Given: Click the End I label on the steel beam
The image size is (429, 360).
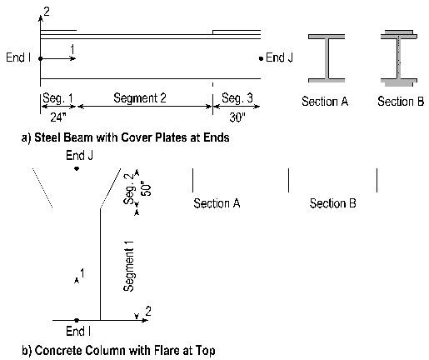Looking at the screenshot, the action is [x=18, y=57].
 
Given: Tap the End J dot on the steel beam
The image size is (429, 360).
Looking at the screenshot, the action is [x=261, y=58].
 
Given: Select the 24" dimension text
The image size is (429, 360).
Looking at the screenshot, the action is [x=58, y=117].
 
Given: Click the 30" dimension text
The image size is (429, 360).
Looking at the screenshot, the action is [x=237, y=117].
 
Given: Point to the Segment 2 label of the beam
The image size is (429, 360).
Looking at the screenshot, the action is [x=140, y=98].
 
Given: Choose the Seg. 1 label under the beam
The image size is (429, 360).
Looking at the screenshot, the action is [x=57, y=98].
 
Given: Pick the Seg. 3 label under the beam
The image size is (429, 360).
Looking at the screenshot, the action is [x=237, y=98].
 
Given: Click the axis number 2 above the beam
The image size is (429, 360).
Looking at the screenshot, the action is [x=47, y=12].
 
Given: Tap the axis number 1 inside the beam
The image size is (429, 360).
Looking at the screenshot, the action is [x=72, y=49].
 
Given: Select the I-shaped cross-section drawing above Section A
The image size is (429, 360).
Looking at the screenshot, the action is [x=327, y=58].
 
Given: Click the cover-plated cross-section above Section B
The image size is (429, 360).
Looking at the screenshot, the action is [x=399, y=58].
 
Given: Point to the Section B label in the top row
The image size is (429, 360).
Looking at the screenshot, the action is [x=401, y=102].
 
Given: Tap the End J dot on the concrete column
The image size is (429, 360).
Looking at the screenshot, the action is [x=77, y=168].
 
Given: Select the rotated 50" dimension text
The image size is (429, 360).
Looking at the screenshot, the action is [x=147, y=189].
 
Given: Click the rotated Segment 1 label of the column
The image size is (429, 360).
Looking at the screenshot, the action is [x=128, y=266].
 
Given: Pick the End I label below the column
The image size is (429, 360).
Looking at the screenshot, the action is [x=78, y=331].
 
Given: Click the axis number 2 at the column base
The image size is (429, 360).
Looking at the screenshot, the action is [x=148, y=312].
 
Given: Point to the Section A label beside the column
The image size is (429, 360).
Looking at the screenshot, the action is [x=217, y=203].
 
